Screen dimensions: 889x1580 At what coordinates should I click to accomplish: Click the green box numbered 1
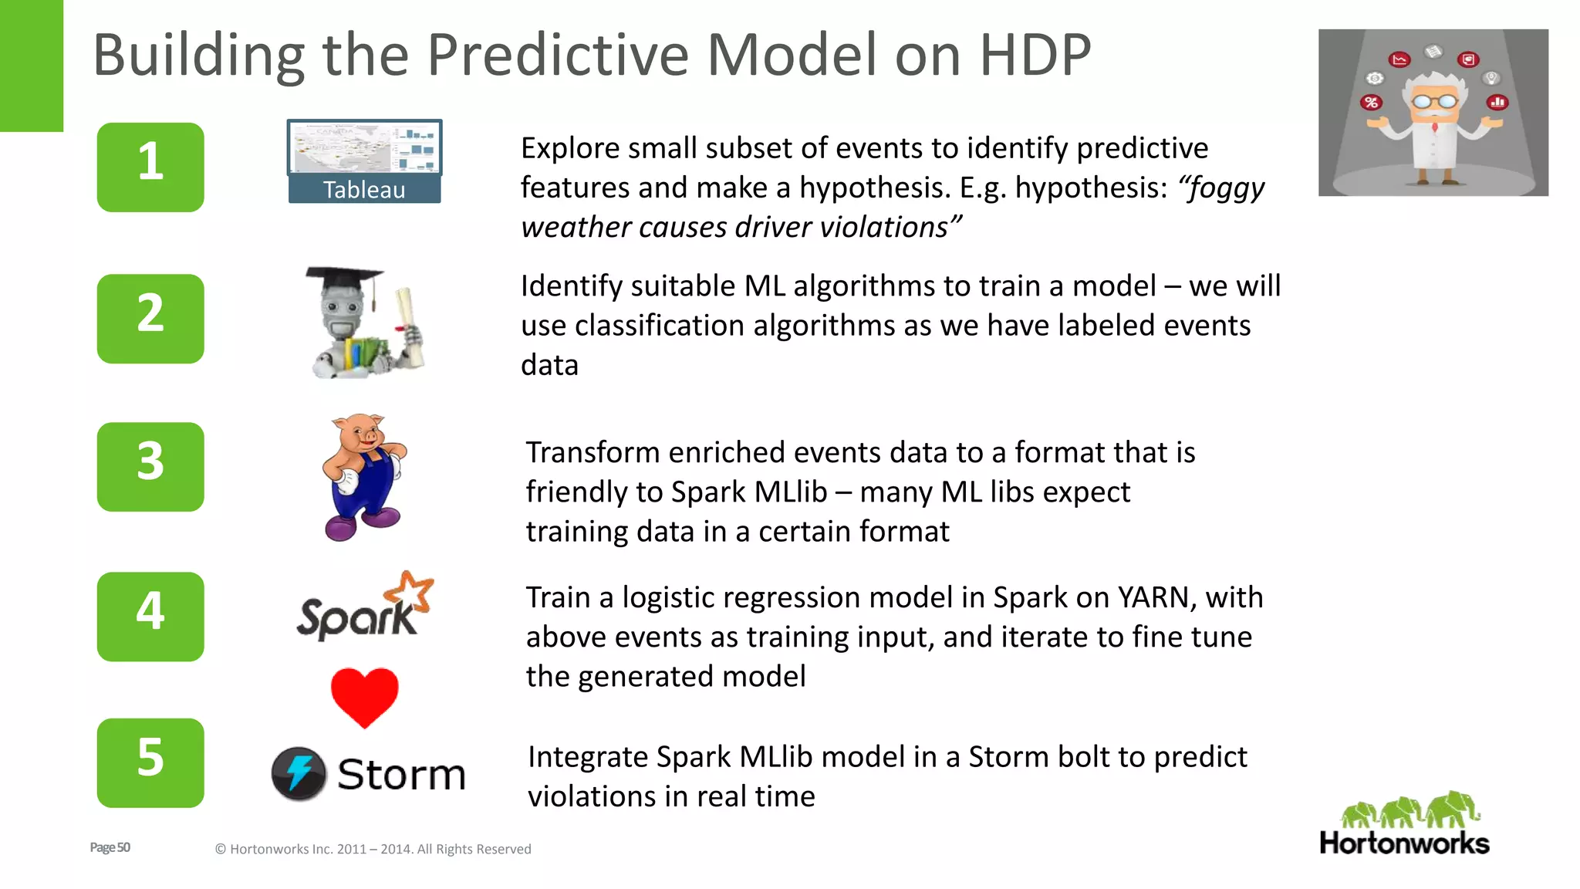(x=150, y=167)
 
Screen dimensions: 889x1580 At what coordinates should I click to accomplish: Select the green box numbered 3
(x=150, y=466)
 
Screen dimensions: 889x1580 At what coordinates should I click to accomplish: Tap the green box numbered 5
(x=150, y=762)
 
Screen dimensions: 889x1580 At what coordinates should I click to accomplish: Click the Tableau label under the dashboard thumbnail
(x=364, y=190)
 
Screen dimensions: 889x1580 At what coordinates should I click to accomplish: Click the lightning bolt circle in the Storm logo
(x=299, y=773)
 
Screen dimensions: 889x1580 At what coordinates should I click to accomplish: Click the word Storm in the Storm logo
(x=401, y=775)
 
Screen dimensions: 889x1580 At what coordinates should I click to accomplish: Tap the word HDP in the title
(x=1035, y=56)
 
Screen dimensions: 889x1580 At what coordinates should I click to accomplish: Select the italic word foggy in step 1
(x=1224, y=188)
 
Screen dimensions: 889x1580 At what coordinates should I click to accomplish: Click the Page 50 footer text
(x=110, y=847)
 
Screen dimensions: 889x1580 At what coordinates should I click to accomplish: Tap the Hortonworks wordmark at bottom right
(x=1404, y=843)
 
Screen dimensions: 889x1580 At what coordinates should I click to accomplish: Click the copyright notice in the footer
(x=373, y=849)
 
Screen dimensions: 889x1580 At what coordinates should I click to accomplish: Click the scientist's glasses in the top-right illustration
(x=1434, y=100)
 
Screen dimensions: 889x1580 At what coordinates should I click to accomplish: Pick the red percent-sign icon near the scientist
(x=1371, y=103)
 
